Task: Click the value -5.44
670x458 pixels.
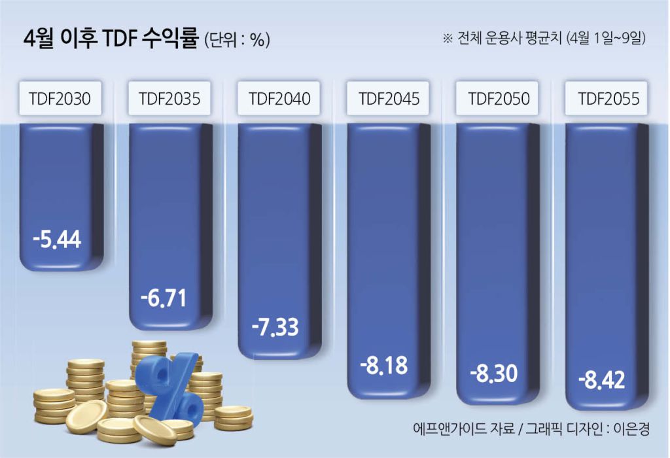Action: (58, 239)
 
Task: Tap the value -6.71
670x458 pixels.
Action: (164, 298)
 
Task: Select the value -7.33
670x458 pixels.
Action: (275, 326)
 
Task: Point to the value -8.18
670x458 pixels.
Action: (383, 365)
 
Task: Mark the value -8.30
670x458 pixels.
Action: (494, 373)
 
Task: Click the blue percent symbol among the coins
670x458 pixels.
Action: (171, 386)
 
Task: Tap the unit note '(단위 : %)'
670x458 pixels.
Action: (237, 41)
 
